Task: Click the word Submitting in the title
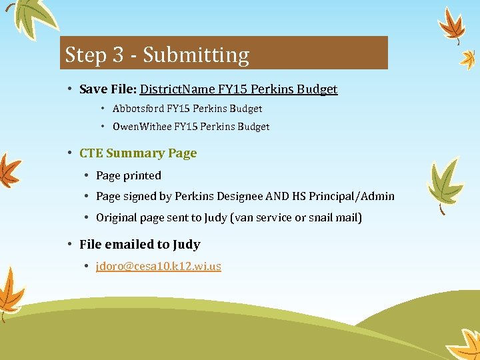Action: tap(196, 55)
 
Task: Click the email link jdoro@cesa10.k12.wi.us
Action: tap(159, 266)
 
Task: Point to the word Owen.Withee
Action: tap(142, 126)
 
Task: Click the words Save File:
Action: tap(108, 89)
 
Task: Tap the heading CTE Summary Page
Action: tap(138, 153)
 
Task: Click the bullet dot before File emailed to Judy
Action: tap(70, 245)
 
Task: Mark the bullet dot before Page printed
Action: tap(87, 175)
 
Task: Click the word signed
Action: tap(139, 196)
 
